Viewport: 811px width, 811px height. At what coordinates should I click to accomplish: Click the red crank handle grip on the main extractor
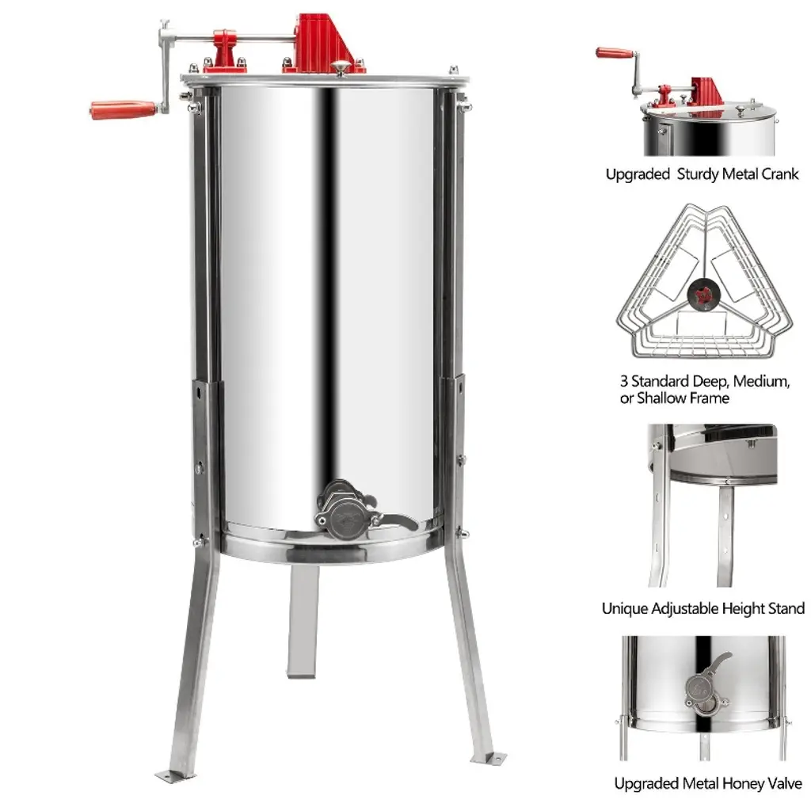(x=123, y=109)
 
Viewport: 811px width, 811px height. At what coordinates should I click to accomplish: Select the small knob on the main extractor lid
(x=341, y=67)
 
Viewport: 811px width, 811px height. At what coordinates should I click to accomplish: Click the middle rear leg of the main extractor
(x=302, y=621)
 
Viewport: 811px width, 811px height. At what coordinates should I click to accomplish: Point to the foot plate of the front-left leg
(x=175, y=776)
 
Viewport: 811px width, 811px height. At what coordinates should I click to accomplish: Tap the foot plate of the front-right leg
(x=488, y=758)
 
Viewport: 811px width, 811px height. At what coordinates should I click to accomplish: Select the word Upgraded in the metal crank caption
(x=638, y=174)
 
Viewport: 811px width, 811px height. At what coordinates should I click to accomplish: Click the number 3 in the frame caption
(x=624, y=381)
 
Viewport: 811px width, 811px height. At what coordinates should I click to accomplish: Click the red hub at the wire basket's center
(x=703, y=295)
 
